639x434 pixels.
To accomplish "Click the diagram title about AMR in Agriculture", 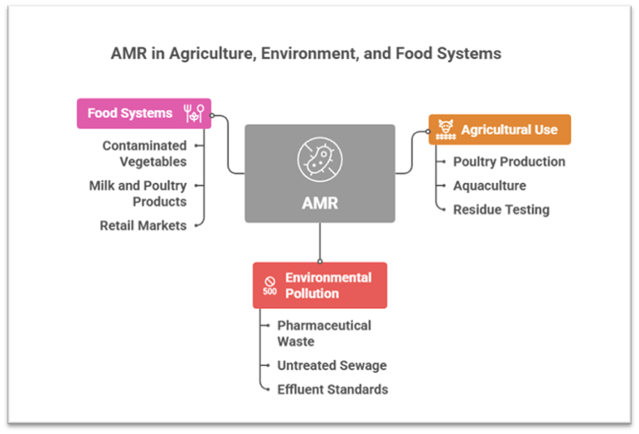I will (x=306, y=54).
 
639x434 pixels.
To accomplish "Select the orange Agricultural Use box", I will (x=500, y=129).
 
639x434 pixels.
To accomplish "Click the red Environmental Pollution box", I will (x=320, y=285).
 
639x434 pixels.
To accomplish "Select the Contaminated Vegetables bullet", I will (x=144, y=153).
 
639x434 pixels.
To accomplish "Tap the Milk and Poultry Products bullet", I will (x=138, y=193).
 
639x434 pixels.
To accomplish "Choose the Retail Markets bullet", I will (x=143, y=225).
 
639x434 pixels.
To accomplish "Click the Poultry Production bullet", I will (x=509, y=162).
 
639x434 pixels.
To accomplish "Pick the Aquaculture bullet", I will (x=489, y=186).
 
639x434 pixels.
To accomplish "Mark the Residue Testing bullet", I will (x=501, y=210).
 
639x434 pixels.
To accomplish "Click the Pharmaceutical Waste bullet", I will (x=324, y=333).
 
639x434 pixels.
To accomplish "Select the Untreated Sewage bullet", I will (x=332, y=365).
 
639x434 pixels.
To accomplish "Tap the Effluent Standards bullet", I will (x=332, y=389).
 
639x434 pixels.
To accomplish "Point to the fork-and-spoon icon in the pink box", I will (x=194, y=113).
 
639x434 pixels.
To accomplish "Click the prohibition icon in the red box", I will (x=270, y=282).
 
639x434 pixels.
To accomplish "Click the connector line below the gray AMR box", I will (x=319, y=242).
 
